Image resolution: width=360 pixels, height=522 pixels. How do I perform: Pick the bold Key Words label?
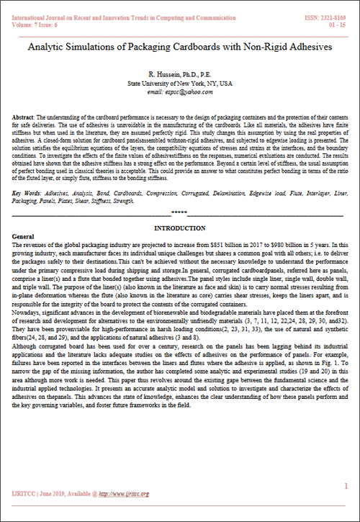[x=27, y=194]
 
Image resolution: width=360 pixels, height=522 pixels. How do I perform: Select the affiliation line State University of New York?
[x=180, y=84]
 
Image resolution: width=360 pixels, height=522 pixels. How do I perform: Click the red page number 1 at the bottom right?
[x=346, y=486]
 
